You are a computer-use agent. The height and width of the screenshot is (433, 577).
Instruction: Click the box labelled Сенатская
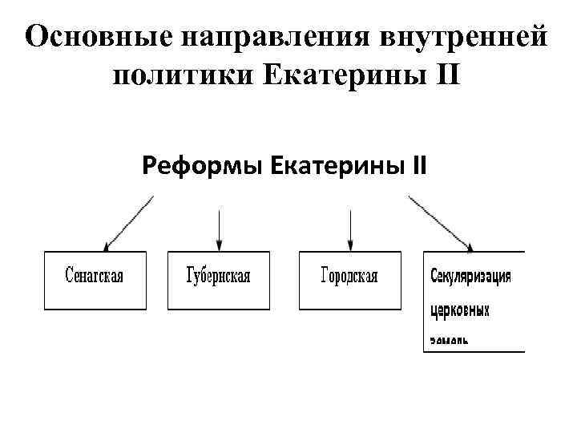(95, 280)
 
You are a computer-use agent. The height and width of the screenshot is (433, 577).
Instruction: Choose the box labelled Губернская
(218, 280)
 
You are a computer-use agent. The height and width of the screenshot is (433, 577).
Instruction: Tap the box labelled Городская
(349, 280)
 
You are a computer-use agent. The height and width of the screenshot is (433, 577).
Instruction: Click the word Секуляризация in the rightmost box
(471, 277)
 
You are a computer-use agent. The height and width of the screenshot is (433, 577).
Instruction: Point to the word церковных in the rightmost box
(460, 310)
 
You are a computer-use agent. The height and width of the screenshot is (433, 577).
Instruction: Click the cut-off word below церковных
(450, 340)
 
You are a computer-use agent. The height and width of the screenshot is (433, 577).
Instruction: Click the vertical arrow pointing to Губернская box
(219, 229)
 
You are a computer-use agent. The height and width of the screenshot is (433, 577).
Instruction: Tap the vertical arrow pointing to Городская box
(350, 229)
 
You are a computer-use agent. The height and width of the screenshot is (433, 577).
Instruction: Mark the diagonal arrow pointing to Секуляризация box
(442, 222)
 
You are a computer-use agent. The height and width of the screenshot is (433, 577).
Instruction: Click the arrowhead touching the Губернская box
(219, 245)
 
